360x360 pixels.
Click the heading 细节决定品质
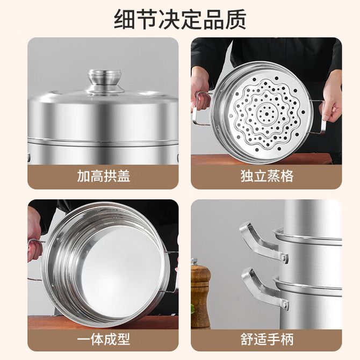(180, 19)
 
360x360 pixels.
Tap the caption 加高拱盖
(104, 176)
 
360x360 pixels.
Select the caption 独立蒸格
(267, 176)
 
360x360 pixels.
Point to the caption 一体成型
(104, 339)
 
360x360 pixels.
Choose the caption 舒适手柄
(267, 339)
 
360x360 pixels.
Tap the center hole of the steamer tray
(267, 114)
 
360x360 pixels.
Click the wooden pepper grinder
(200, 293)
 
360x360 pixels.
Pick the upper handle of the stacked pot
(263, 242)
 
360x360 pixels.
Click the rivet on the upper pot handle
(284, 257)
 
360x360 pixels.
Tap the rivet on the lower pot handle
(285, 305)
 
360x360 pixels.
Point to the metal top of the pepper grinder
(195, 262)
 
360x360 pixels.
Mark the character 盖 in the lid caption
(124, 176)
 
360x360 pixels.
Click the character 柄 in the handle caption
(287, 339)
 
